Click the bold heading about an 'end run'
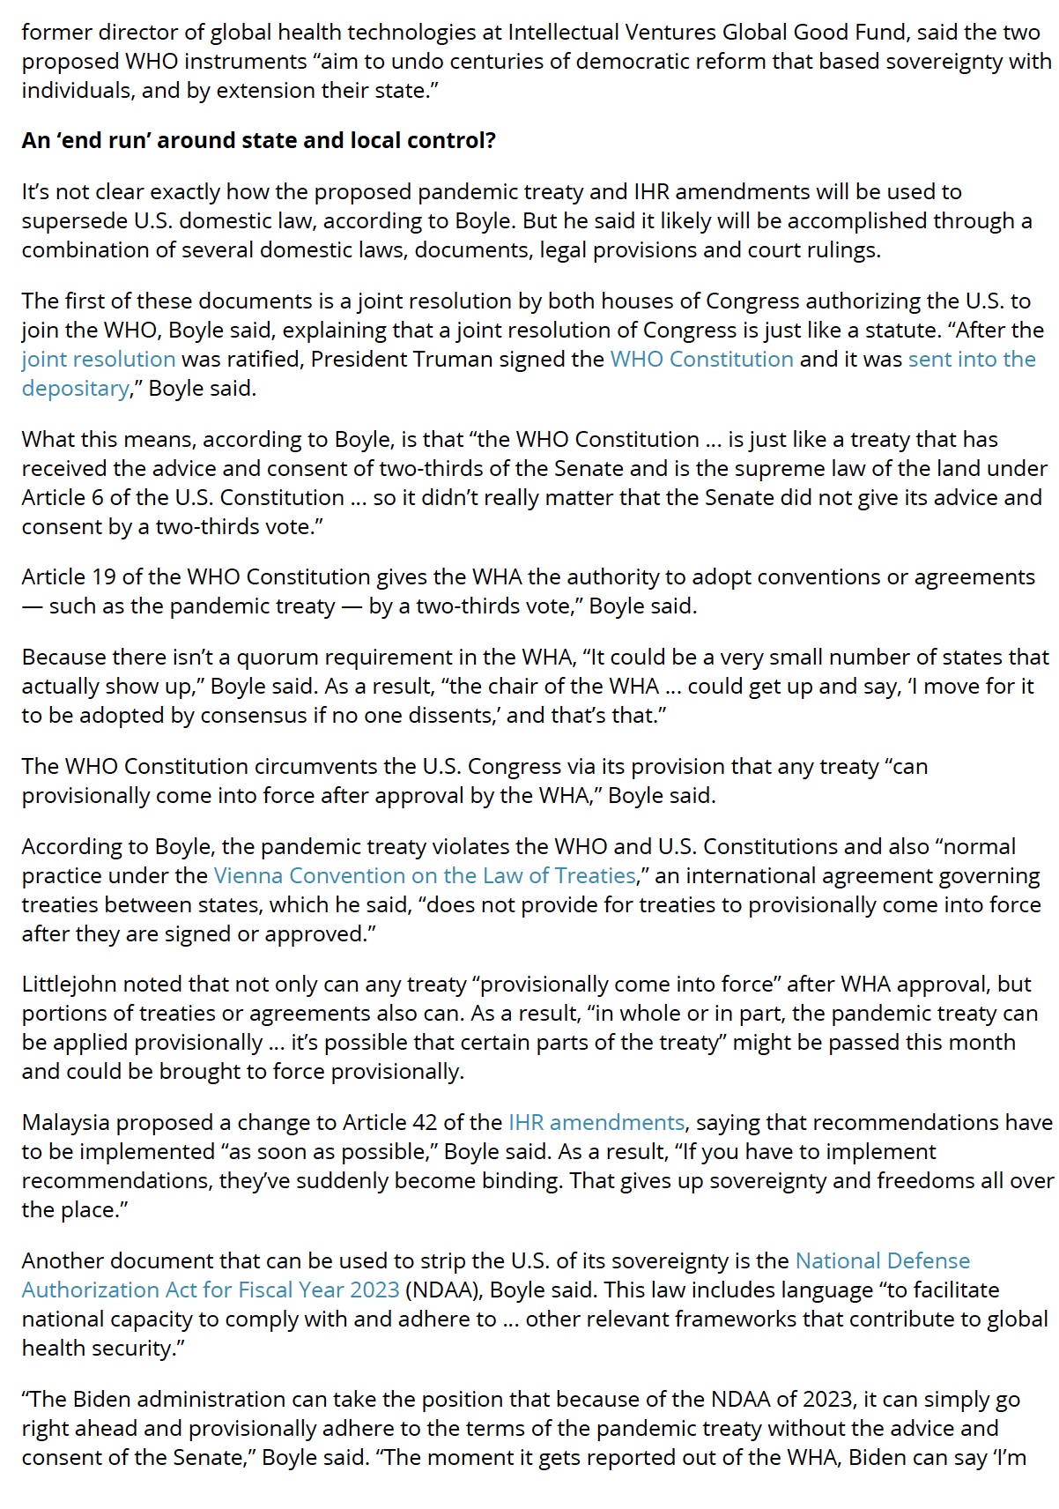tap(258, 141)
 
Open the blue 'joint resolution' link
tap(99, 360)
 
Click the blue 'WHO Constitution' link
tap(701, 360)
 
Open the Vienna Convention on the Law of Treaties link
tap(425, 876)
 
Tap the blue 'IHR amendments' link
tap(596, 1123)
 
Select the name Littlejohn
tap(69, 985)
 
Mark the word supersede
tap(74, 221)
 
